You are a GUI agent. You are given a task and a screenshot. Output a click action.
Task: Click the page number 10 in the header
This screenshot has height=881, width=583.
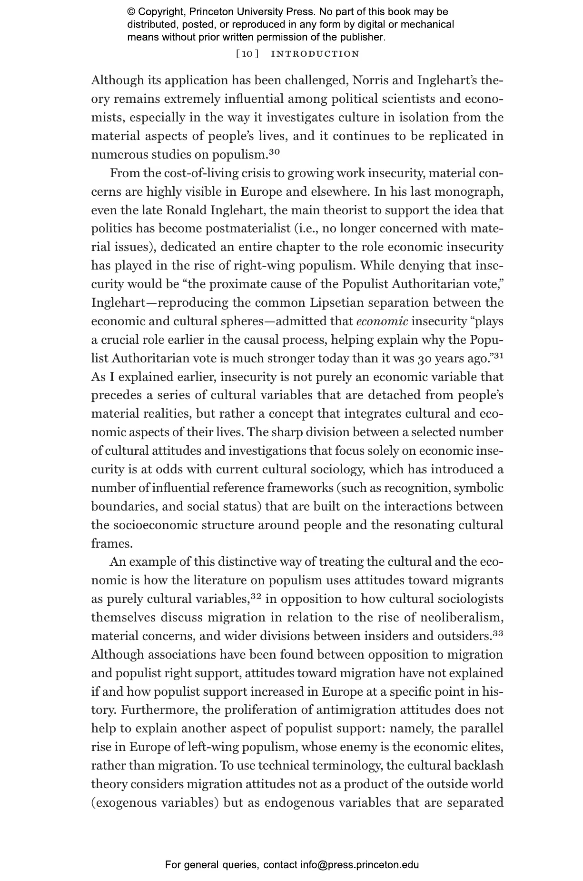(247, 54)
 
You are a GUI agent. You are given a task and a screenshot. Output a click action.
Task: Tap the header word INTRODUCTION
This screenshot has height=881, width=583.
(315, 54)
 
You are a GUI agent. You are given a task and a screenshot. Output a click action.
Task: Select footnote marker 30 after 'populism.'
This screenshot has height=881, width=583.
(274, 152)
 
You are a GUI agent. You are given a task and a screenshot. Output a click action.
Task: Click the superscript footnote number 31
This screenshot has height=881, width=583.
(498, 356)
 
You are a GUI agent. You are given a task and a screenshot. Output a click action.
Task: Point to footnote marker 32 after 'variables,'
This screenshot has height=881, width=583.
(256, 596)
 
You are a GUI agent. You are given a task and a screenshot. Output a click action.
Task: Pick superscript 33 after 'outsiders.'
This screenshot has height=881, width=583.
(498, 633)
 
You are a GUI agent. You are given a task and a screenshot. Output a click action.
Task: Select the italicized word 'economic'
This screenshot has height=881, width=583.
(382, 321)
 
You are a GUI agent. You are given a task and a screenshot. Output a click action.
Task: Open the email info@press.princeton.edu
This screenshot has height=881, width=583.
(359, 865)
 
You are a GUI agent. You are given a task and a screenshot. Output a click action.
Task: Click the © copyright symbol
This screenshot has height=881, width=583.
(131, 12)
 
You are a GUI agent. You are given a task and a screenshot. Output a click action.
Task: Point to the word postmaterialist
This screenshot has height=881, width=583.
(247, 229)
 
